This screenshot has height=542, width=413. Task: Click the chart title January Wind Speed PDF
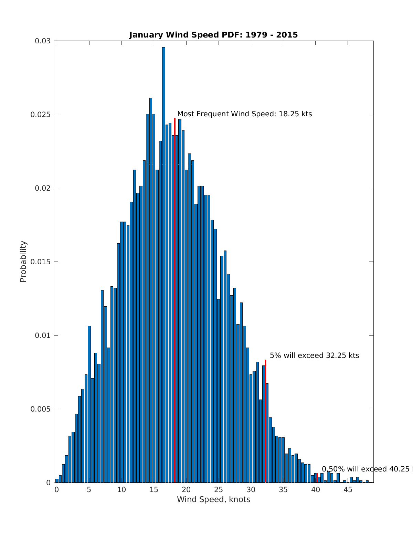[x=213, y=35]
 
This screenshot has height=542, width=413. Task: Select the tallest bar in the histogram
[x=163, y=265]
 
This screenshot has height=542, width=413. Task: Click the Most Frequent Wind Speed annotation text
[x=244, y=114]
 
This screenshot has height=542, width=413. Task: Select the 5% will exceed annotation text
[x=314, y=355]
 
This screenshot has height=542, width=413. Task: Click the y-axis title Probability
[x=23, y=261]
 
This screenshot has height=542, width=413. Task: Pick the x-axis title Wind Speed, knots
[x=213, y=499]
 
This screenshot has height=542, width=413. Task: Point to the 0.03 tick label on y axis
[x=42, y=41]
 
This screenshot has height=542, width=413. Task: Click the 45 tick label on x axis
[x=348, y=490]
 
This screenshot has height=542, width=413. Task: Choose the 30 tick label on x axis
[x=251, y=490]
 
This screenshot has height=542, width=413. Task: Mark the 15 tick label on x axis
[x=154, y=490]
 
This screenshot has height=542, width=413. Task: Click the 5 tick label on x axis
[x=89, y=490]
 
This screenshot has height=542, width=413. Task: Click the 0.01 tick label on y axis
[x=42, y=336]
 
